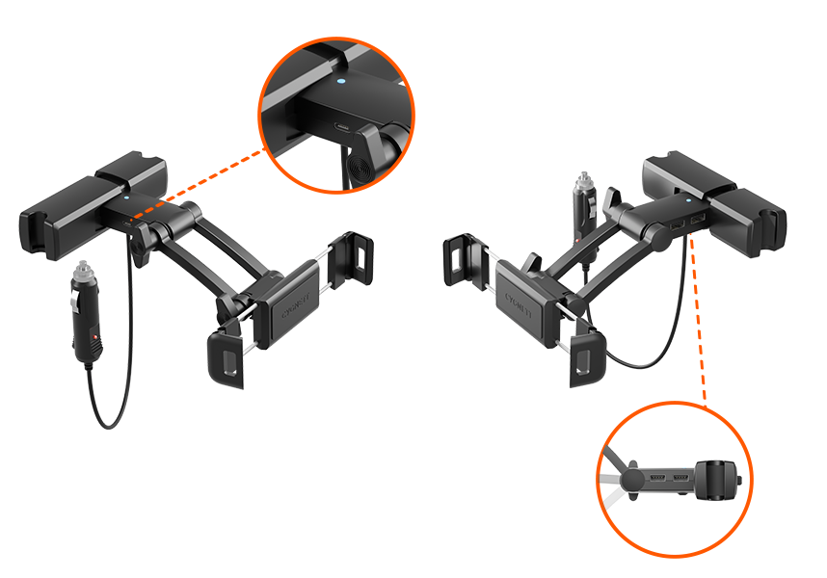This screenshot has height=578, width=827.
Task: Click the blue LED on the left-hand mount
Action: [x=127, y=202]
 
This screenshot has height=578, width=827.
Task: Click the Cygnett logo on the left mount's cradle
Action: [x=291, y=310]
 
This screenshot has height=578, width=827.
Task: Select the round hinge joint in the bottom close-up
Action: [x=632, y=479]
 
